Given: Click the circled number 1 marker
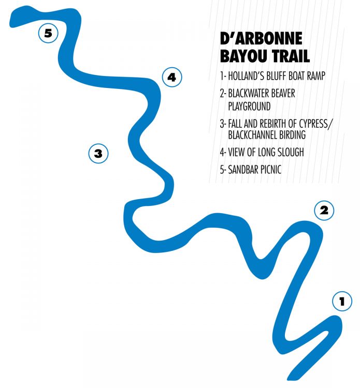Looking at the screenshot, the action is click(x=342, y=301).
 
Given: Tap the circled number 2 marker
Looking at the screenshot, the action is click(x=324, y=211).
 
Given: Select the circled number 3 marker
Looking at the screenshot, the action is click(x=98, y=154).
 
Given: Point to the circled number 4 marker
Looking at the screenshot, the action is click(x=172, y=77).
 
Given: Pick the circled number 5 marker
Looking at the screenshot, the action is click(x=48, y=33).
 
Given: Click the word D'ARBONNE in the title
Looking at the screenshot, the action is click(x=261, y=38).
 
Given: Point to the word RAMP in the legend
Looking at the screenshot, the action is click(x=316, y=76).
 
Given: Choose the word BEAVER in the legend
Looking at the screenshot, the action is click(x=283, y=93).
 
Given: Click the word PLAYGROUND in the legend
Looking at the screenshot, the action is click(x=249, y=107).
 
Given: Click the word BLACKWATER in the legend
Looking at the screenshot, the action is click(x=249, y=93).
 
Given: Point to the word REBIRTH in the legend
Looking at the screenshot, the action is click(x=273, y=123).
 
